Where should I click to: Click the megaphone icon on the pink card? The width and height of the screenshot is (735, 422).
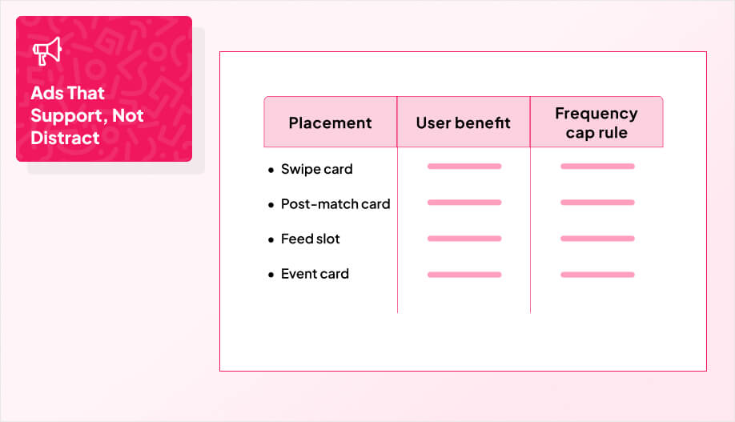tap(46, 52)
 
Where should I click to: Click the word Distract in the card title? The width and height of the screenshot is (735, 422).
tap(65, 138)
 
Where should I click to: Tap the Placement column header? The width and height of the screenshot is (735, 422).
tap(330, 123)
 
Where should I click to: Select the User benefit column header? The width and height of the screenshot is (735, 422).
tap(463, 123)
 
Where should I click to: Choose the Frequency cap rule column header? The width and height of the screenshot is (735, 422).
tap(596, 123)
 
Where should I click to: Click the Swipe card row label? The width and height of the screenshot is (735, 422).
tap(316, 169)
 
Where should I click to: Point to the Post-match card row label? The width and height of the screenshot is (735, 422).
tap(335, 203)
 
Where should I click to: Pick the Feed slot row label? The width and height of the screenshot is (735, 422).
tap(310, 239)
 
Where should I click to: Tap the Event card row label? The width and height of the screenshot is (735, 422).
tap(315, 274)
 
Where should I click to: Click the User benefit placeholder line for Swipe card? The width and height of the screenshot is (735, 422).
tap(464, 167)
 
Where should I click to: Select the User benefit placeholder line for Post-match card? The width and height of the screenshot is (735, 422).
tap(464, 203)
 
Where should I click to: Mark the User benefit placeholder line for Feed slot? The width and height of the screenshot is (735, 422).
tap(464, 239)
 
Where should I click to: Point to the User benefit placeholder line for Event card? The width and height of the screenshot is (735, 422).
tap(464, 275)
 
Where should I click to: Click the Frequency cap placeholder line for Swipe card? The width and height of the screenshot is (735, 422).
tap(597, 167)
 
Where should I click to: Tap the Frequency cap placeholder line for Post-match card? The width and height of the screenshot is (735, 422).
tap(597, 203)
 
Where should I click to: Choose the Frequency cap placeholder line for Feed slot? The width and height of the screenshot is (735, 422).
tap(597, 239)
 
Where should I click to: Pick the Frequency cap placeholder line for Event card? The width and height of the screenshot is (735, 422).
tap(597, 275)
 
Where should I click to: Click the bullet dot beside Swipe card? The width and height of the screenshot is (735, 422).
tap(271, 171)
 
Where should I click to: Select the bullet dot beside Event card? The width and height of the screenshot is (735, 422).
tap(271, 275)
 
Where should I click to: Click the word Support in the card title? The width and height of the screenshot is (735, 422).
tap(66, 115)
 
